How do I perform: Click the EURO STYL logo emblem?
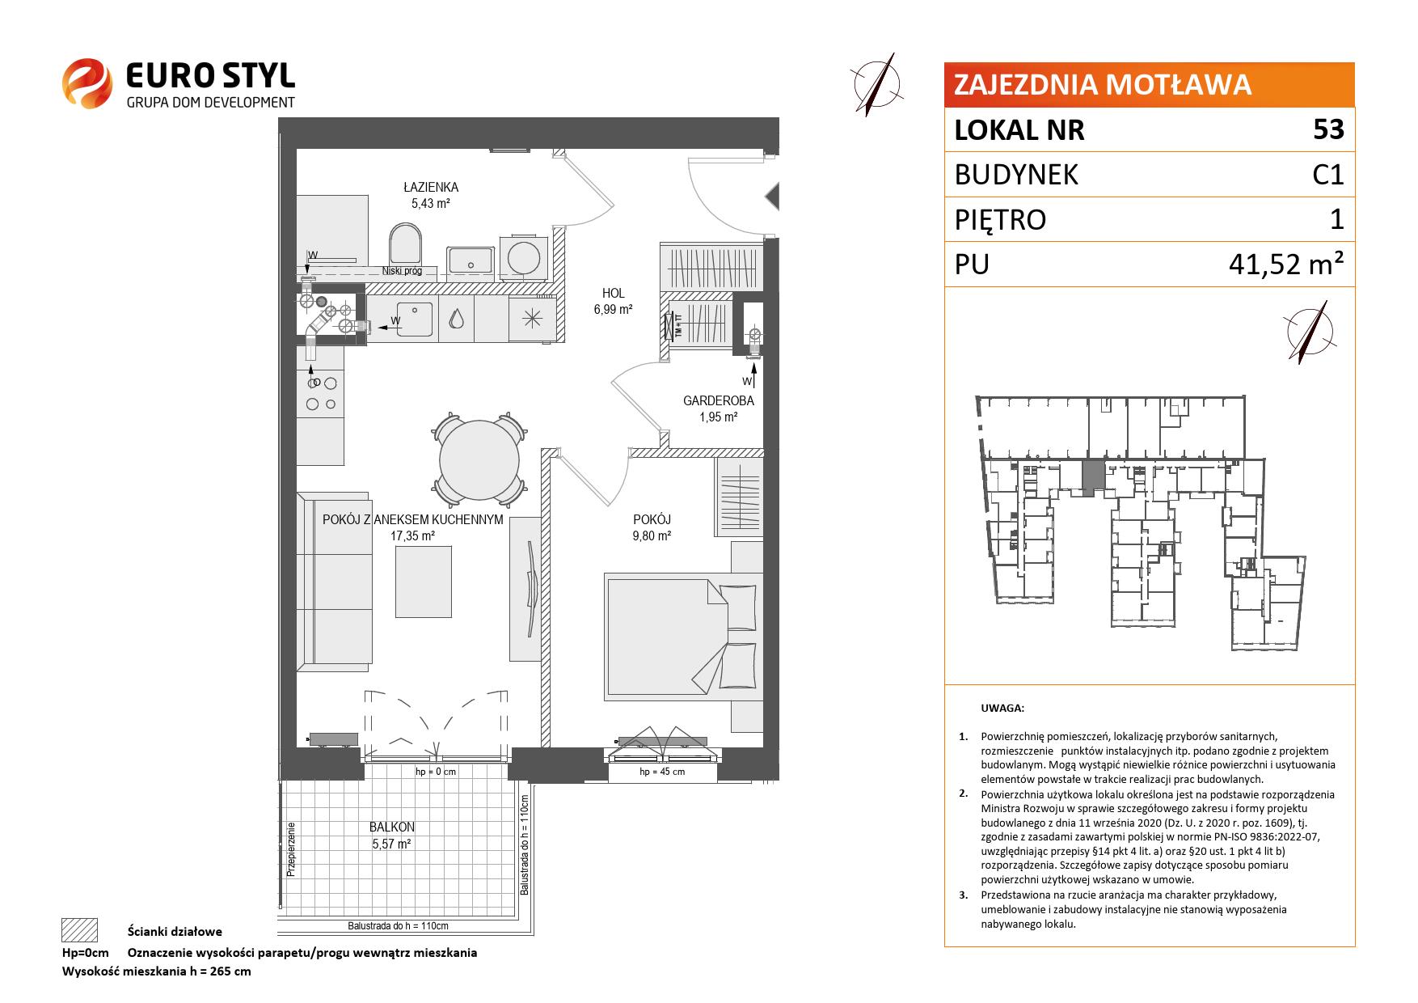click(87, 83)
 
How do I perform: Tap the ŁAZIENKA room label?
click(430, 188)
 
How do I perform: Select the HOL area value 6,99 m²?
click(613, 309)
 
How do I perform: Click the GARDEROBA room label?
click(718, 401)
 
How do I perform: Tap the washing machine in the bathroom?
click(521, 256)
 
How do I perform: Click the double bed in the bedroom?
click(683, 637)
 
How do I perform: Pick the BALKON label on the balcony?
click(391, 827)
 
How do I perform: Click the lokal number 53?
click(1328, 129)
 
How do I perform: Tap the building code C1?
click(1327, 175)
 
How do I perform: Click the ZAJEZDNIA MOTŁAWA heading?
click(1103, 84)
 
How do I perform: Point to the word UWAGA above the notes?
click(1002, 709)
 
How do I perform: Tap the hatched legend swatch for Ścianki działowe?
click(79, 930)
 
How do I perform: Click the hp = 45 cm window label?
click(661, 772)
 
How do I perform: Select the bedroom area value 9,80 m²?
click(652, 535)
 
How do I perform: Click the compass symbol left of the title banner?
click(879, 83)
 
